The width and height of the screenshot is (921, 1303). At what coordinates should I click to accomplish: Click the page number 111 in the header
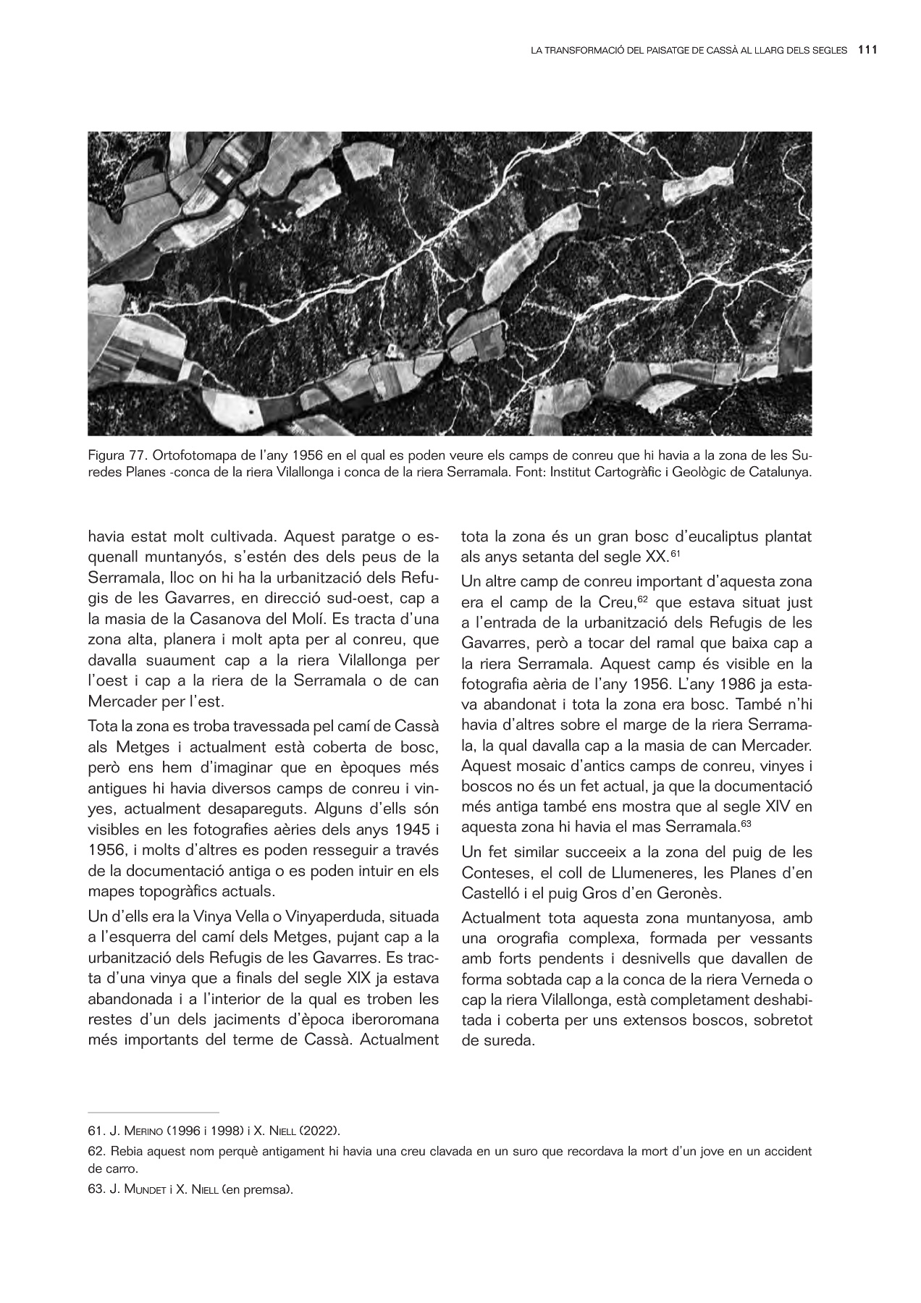867,51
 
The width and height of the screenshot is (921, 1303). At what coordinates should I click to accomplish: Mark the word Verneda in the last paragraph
773,980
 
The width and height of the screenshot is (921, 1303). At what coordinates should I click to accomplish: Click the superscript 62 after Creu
642,599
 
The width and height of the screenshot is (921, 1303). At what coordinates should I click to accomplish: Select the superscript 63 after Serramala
742,822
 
